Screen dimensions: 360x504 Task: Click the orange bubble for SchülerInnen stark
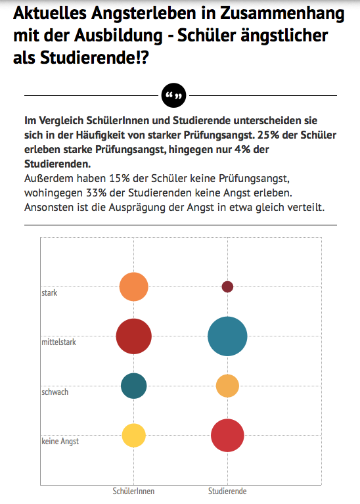[134, 286]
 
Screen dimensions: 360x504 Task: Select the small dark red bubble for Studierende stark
[227, 286]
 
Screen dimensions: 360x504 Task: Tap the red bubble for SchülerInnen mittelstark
[134, 336]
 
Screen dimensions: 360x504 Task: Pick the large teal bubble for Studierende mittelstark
[227, 336]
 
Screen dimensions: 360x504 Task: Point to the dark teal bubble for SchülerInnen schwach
[134, 386]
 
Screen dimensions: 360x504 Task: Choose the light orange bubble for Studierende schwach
[227, 386]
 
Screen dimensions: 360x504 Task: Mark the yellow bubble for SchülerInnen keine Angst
[134, 435]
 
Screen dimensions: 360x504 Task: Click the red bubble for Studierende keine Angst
[227, 435]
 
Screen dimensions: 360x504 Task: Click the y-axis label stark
[49, 293]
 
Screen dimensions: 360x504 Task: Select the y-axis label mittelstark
[59, 342]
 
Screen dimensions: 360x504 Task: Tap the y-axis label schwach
[55, 392]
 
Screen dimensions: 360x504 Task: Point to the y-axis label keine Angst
[60, 442]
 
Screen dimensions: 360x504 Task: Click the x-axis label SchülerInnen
[133, 491]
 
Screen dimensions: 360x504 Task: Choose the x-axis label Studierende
[227, 491]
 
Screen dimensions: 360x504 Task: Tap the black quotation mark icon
[173, 95]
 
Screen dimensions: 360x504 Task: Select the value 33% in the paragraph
[96, 193]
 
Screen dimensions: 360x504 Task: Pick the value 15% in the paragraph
[120, 178]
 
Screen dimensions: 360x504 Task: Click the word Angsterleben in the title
[144, 14]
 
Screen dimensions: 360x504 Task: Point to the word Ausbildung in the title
[118, 35]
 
